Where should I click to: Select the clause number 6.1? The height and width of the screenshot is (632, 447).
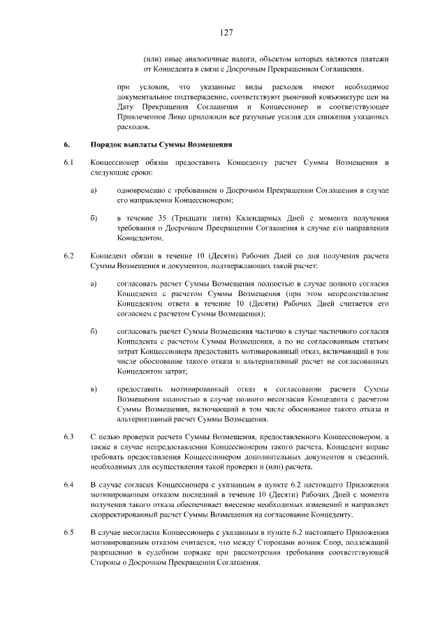(x=68, y=163)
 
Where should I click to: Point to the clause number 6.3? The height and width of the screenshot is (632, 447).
(x=68, y=436)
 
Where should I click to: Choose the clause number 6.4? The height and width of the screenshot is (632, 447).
(x=68, y=484)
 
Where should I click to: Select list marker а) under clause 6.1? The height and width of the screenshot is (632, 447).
(x=94, y=191)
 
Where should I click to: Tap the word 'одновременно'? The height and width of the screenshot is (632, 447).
(x=143, y=191)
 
